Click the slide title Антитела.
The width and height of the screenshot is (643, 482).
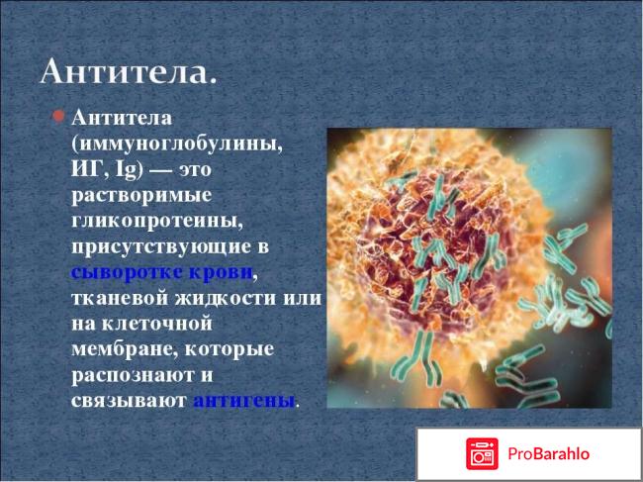pos(129,73)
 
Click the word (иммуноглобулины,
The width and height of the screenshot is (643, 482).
pos(176,143)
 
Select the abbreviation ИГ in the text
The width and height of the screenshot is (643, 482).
pos(86,168)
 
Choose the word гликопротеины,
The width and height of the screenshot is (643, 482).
pos(148,219)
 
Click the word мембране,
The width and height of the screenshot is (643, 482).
pos(122,348)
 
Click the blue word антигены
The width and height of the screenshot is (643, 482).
pos(244,401)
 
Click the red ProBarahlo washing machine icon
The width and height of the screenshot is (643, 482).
pos(483,454)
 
